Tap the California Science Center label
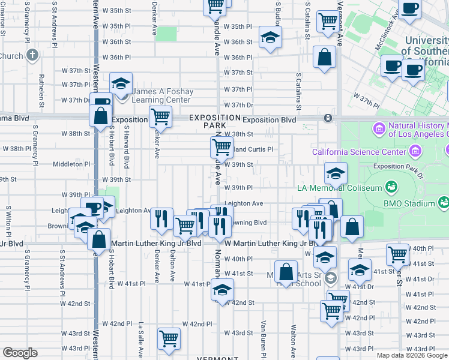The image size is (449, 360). coord(359,152)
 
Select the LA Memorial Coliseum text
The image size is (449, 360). coord(340,188)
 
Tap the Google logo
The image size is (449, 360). coord(20,352)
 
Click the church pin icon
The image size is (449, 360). coord(32,56)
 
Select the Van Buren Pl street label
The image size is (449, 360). coord(263,336)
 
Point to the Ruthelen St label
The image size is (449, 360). coord(42,88)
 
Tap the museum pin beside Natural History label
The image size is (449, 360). coord(379,128)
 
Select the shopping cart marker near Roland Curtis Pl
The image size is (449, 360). coord(221,146)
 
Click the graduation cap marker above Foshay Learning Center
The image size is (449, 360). coord(121,82)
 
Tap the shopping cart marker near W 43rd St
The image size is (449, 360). coord(169,338)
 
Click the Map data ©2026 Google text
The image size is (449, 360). coord(412,355)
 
